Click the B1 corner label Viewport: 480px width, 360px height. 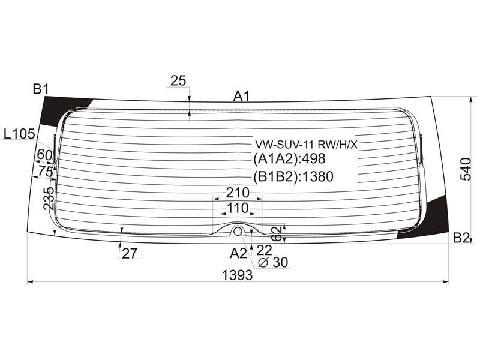pos(41,89)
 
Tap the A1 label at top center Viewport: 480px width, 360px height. pos(242,96)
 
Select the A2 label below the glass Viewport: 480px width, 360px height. pos(238,253)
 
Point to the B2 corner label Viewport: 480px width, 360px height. pos(461,237)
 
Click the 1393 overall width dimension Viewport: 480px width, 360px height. pos(237,275)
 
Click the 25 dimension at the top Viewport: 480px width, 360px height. pos(178,81)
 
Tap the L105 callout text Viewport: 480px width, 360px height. pos(20,134)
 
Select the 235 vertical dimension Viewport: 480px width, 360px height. pos(49,199)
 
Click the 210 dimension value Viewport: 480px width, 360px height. pos(238,193)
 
